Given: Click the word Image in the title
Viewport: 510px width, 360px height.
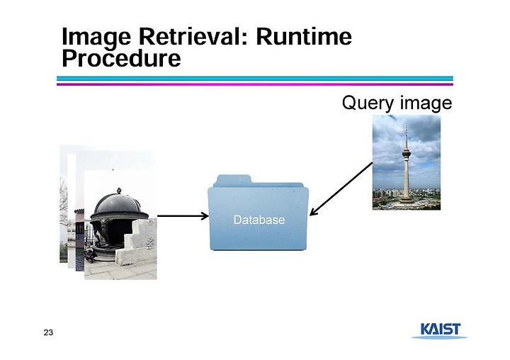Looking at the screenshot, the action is click(96, 38).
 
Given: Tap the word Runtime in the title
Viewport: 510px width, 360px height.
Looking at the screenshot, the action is click(304, 36).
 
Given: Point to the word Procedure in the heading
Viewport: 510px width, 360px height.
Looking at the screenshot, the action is click(121, 58).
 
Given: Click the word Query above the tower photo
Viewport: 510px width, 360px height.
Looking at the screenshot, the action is click(368, 103).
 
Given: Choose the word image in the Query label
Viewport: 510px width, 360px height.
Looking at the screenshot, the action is click(426, 103).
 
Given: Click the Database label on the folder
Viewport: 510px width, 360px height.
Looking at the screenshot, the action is click(259, 220).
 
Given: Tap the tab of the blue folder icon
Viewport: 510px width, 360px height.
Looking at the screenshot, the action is click(233, 180).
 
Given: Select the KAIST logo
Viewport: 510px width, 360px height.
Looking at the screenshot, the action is click(440, 331).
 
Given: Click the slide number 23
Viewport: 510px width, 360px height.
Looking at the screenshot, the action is click(48, 332).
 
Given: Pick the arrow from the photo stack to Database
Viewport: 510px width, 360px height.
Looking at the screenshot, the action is click(183, 215).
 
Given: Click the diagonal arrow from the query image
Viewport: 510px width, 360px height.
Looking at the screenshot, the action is click(341, 189).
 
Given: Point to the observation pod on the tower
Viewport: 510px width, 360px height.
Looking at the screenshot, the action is click(406, 152).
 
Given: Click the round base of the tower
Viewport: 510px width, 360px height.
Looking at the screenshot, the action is click(407, 201).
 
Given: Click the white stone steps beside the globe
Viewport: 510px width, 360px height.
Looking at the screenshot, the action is click(137, 242).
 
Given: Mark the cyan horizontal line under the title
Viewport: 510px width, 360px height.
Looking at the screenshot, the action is click(255, 79).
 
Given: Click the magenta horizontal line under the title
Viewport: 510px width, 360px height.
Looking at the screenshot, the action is click(255, 84).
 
